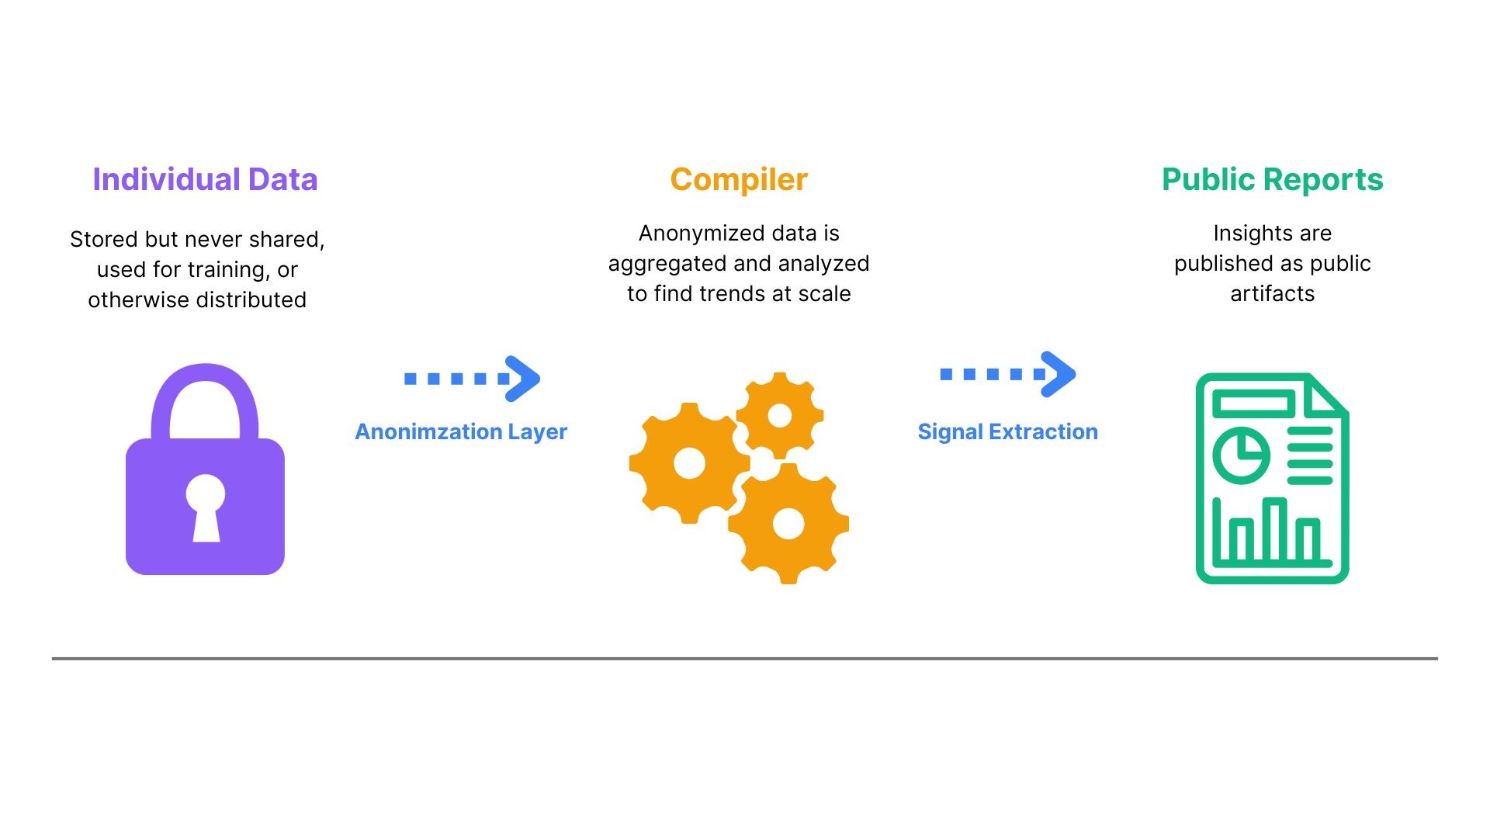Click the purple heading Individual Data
click(x=205, y=179)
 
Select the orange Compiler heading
click(x=739, y=180)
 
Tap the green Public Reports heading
click(x=1273, y=180)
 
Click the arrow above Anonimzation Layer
click(x=472, y=379)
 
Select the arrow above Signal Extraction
click(x=1008, y=374)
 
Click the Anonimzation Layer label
click(x=461, y=431)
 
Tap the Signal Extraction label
click(x=1007, y=431)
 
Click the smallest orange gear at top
click(x=780, y=416)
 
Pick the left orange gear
click(x=689, y=463)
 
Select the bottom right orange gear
click(x=788, y=524)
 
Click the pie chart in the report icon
click(x=1242, y=455)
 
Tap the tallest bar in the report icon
click(x=1275, y=528)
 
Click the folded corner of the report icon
click(x=1328, y=393)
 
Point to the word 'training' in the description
click(x=226, y=270)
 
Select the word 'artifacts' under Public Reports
click(x=1273, y=293)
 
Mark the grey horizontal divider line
click(x=745, y=659)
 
